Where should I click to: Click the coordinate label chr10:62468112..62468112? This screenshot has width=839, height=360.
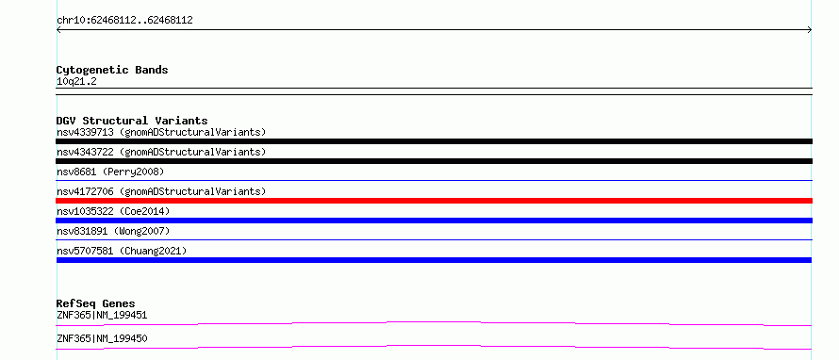coord(124,21)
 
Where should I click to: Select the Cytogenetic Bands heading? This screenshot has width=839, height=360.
coord(112,70)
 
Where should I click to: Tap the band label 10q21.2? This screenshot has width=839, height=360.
coord(76,82)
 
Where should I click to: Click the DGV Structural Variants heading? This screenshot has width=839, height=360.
coord(132,121)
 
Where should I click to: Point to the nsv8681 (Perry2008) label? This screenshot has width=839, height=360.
coord(110,172)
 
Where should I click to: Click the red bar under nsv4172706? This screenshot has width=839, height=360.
coord(434,201)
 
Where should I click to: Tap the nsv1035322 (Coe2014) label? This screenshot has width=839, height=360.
coord(113,211)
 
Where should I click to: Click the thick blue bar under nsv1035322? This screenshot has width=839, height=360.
coord(434,221)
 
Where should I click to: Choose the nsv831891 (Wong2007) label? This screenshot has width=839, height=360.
coord(113,231)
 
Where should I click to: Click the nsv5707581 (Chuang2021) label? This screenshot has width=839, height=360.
coord(122,251)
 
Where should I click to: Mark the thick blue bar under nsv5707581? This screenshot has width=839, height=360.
coord(434,260)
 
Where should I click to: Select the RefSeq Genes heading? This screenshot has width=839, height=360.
coord(96,303)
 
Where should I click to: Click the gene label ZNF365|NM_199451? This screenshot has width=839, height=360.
coord(102,316)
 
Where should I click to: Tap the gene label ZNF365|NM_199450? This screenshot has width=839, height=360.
coord(102,339)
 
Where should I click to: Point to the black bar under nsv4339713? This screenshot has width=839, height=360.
coord(434,141)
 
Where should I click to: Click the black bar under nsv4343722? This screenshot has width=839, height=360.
coord(434,161)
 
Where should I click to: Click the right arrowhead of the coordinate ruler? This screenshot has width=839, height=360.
coord(810,30)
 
